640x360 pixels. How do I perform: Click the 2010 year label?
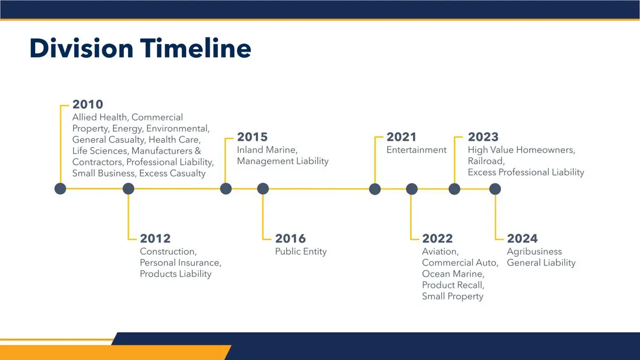(x=87, y=105)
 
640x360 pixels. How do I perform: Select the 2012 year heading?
(x=155, y=238)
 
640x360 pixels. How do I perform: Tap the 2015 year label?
(x=252, y=137)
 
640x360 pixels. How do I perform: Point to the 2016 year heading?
(x=290, y=238)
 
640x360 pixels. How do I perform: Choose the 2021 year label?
(x=402, y=137)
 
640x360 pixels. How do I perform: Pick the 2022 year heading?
(x=437, y=238)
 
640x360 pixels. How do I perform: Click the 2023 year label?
(x=483, y=137)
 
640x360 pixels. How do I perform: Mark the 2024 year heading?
(x=522, y=238)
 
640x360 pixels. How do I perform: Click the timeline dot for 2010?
(x=60, y=189)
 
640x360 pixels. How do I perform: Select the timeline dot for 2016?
(x=263, y=189)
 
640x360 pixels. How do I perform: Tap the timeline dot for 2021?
(x=375, y=189)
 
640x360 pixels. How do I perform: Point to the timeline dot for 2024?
(x=495, y=189)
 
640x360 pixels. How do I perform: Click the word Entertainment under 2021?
(x=417, y=150)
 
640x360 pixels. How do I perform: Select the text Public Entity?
(x=301, y=252)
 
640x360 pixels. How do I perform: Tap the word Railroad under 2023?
(x=486, y=161)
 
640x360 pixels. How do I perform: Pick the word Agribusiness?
(x=534, y=252)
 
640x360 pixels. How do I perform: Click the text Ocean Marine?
(x=453, y=274)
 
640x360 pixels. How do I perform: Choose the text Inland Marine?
(x=267, y=150)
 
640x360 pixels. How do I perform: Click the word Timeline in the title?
(x=195, y=49)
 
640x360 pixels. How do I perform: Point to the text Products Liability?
(x=175, y=274)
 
